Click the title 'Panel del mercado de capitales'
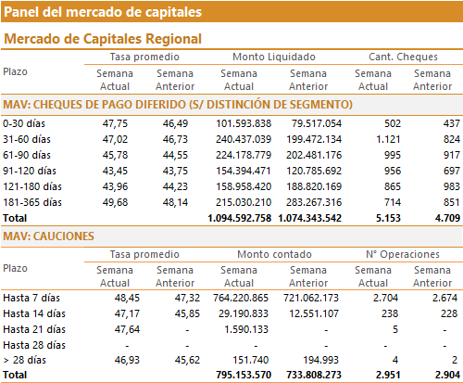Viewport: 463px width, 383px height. pyautogui.click(x=103, y=12)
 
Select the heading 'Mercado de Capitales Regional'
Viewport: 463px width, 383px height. pyautogui.click(x=103, y=39)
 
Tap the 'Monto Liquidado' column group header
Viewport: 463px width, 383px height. pyautogui.click(x=274, y=57)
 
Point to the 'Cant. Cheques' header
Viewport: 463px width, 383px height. pyautogui.click(x=403, y=57)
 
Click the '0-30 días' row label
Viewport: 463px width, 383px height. pyautogui.click(x=24, y=123)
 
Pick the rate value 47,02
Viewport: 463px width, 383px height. pyautogui.click(x=115, y=139)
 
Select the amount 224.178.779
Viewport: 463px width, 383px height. pyautogui.click(x=244, y=155)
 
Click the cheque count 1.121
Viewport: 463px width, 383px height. pyautogui.click(x=388, y=139)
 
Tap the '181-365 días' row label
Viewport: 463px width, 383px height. pyautogui.click(x=32, y=202)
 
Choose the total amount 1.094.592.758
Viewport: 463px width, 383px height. pyautogui.click(x=240, y=218)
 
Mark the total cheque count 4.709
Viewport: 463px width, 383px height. pyautogui.click(x=447, y=218)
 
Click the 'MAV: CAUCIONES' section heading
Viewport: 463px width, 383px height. pyautogui.click(x=48, y=236)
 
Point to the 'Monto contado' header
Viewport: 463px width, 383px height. pyautogui.click(x=274, y=254)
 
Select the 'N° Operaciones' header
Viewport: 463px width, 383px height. pyautogui.click(x=403, y=254)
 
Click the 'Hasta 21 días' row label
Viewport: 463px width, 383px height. pyautogui.click(x=34, y=329)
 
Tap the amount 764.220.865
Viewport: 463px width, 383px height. pyautogui.click(x=241, y=298)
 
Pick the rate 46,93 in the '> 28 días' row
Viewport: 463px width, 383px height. pyautogui.click(x=127, y=360)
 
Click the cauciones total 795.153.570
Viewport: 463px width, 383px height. pyautogui.click(x=244, y=375)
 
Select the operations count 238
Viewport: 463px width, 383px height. pyautogui.click(x=390, y=313)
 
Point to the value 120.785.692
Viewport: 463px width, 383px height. pyautogui.click(x=314, y=171)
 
